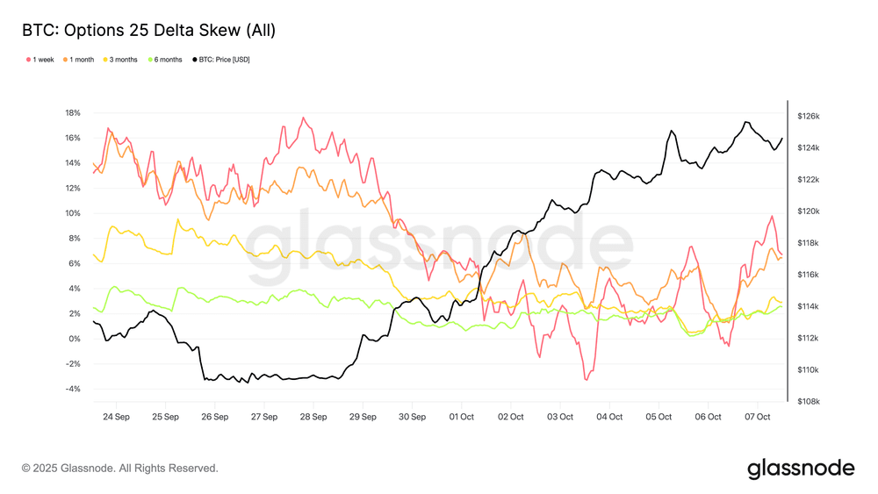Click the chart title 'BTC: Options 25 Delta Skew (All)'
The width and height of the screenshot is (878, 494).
coord(149,31)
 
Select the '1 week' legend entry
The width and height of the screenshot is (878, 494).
coord(41,60)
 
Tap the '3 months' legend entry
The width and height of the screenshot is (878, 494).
coord(122,60)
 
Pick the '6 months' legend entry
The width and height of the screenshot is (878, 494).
coord(167,60)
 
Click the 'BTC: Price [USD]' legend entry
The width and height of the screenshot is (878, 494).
coord(226,60)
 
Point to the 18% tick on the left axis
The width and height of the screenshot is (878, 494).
coord(73,113)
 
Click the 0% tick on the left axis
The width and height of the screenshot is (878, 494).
coord(76,339)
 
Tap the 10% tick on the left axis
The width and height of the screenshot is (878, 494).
coord(73,213)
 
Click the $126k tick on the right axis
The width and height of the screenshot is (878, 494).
coord(808,116)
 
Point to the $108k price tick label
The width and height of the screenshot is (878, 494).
coord(808,402)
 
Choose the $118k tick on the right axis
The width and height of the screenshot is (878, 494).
coord(808,243)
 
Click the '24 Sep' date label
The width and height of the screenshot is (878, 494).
coord(117,417)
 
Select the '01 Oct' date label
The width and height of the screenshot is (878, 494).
coord(462,417)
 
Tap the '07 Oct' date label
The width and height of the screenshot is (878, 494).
coord(758,417)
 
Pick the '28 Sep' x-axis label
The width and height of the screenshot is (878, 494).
coord(314,417)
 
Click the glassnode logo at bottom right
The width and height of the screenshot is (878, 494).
coord(801,469)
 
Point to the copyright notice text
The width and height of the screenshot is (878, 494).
coord(120,469)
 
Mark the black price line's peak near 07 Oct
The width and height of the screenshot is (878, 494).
coord(745,122)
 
